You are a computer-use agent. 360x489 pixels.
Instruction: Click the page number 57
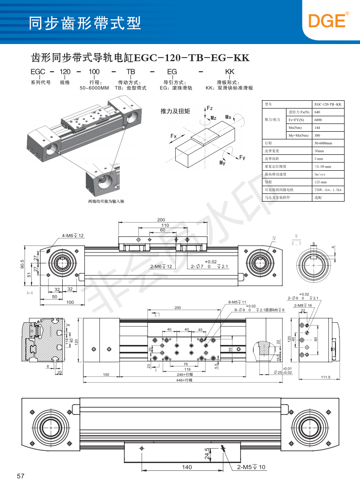pos(20,476)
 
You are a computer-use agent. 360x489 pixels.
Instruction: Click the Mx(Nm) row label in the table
pos(298,128)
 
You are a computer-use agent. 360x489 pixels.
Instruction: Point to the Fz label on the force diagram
pos(210,108)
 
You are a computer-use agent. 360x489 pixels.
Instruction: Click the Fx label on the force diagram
pos(173,136)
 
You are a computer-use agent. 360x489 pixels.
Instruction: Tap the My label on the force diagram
pos(222,163)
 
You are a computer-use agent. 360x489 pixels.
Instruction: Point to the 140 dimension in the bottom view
pos(187,467)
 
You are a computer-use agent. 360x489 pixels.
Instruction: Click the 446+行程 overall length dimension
pos(185,380)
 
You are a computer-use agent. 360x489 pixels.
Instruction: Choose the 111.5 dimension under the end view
pos(325,377)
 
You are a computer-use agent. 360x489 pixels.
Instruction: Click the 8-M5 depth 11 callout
pos(237,302)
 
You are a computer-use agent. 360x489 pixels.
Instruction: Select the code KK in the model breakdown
pos(229,72)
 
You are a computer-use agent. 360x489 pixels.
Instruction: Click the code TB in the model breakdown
pos(131,72)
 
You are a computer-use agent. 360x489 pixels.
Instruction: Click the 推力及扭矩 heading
pos(175,111)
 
